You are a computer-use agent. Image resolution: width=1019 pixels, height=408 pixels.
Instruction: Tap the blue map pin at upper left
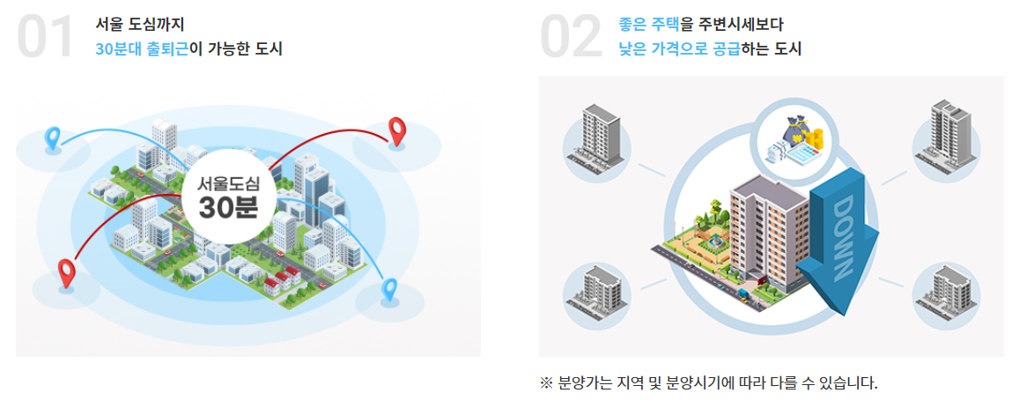click(53, 138)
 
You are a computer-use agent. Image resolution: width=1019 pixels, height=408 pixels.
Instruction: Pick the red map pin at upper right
click(397, 130)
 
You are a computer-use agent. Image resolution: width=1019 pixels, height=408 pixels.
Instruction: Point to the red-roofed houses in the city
click(277, 283)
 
